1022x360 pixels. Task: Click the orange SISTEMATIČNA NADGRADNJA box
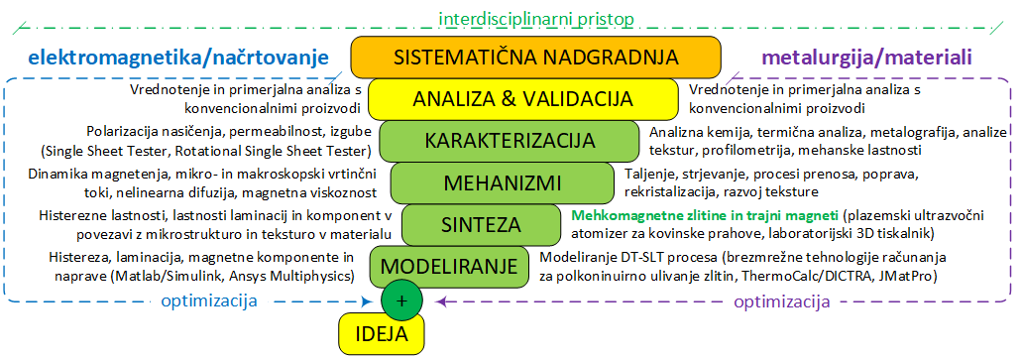[535, 58]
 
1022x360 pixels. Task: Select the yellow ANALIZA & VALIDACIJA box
[523, 99]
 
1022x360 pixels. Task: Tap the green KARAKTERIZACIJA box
[510, 141]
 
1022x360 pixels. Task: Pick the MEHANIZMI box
[503, 182]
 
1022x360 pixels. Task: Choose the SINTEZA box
[482, 224]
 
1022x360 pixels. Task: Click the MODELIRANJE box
[450, 266]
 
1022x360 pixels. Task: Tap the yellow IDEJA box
[382, 334]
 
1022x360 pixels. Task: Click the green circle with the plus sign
[402, 300]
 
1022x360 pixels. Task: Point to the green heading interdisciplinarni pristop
[536, 18]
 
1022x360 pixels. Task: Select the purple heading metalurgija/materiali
[866, 58]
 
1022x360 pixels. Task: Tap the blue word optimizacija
[209, 301]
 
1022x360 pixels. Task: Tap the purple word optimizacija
[782, 301]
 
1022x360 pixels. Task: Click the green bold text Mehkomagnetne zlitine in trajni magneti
[705, 214]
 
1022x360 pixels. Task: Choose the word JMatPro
[908, 277]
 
